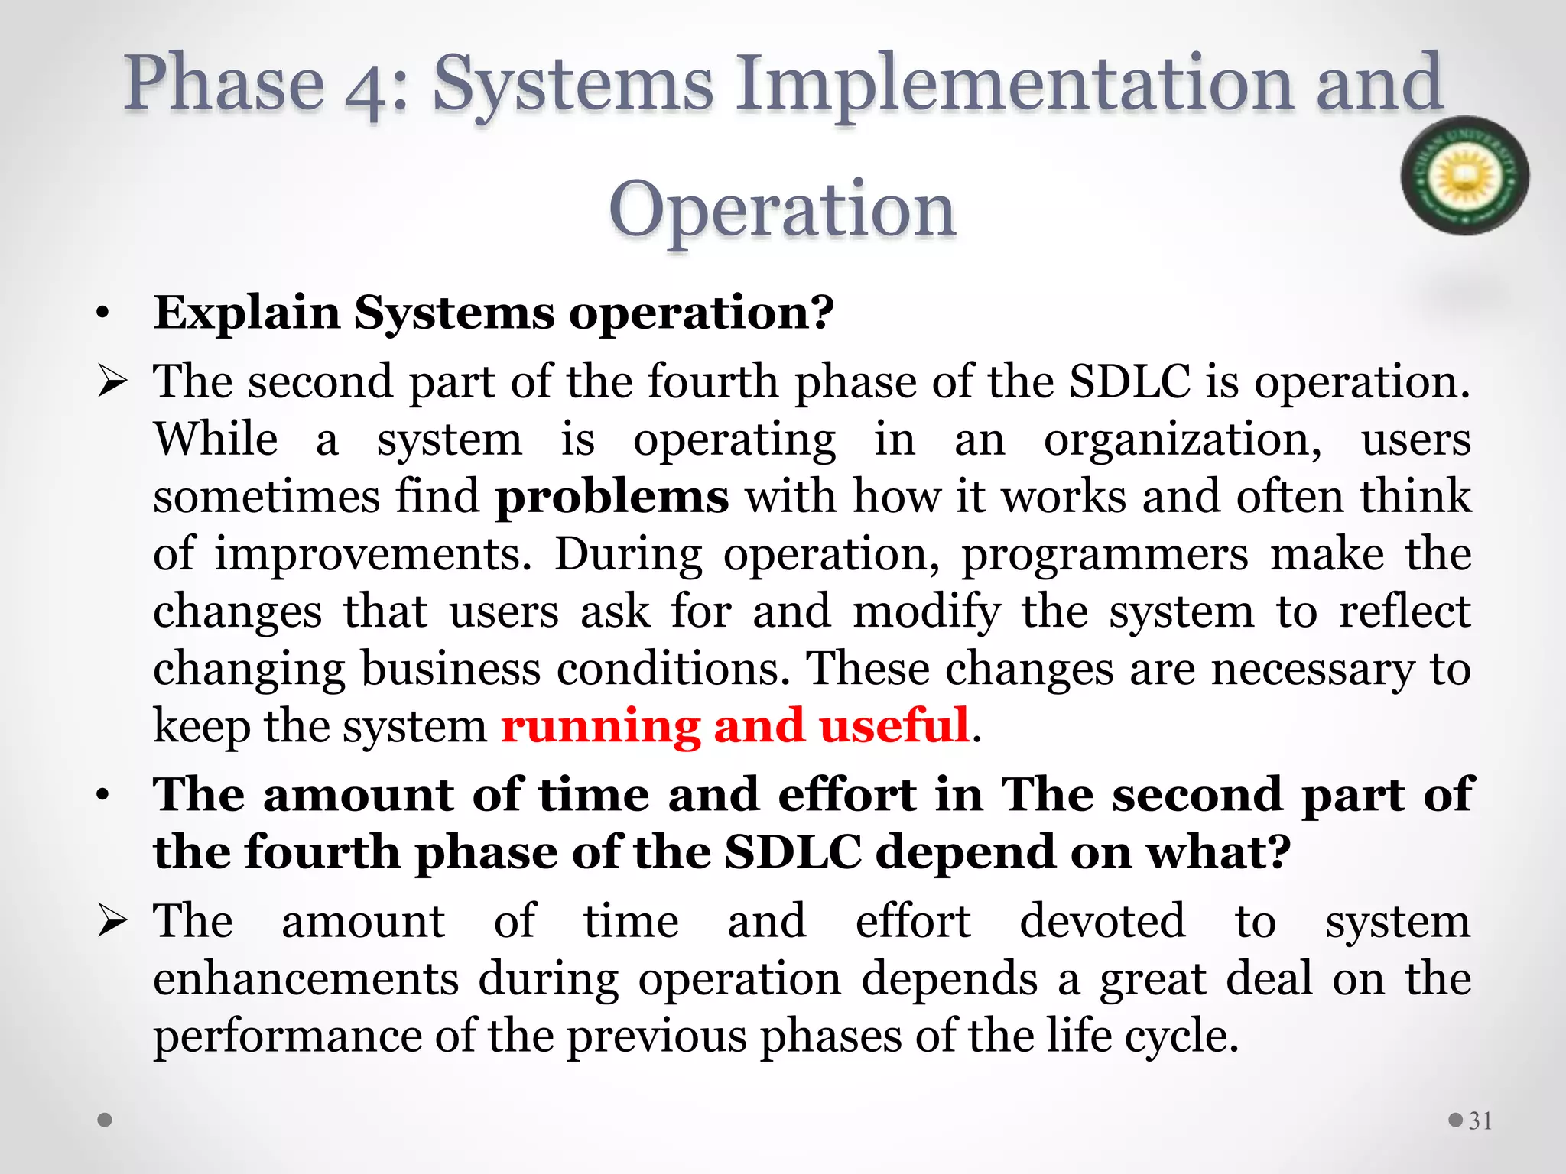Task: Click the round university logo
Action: click(x=1464, y=176)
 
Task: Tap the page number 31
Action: click(x=1480, y=1120)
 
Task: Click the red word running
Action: click(x=600, y=726)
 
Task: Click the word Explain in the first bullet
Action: click(x=246, y=313)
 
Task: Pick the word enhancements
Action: click(x=306, y=979)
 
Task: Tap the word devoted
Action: click(x=1103, y=921)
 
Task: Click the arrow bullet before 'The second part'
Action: click(x=112, y=381)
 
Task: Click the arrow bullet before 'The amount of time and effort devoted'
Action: click(x=112, y=922)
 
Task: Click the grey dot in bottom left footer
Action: click(x=106, y=1120)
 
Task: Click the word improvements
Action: click(x=372, y=555)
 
